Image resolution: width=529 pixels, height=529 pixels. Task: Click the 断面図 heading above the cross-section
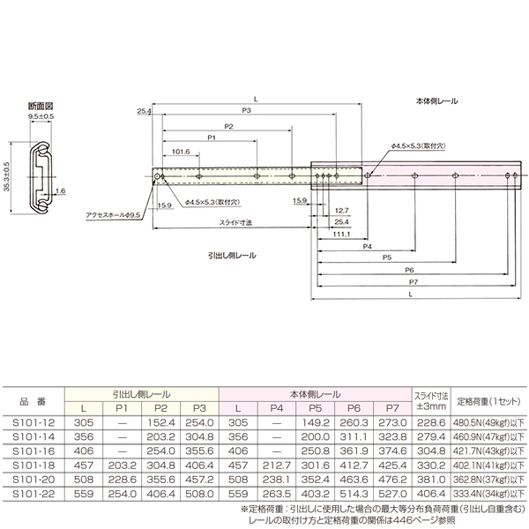39,105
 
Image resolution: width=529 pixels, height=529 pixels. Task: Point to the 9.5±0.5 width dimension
41,116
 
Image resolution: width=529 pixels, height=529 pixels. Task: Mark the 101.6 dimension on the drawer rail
182,152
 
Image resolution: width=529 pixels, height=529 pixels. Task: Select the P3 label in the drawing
247,112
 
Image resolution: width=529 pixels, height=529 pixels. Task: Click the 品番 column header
34,402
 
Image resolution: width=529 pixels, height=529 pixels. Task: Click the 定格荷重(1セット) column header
488,402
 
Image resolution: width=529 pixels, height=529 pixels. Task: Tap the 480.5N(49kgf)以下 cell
488,422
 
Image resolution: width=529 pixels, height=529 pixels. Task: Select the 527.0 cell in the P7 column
391,495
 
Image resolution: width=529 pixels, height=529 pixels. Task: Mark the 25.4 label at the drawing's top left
145,112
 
